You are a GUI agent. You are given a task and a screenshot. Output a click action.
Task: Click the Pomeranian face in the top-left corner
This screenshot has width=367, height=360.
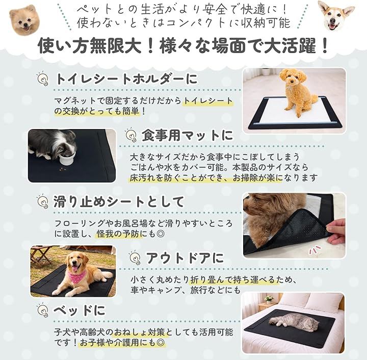click(x=24, y=20)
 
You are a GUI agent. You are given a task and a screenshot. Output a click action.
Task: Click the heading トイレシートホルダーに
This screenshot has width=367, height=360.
click(x=126, y=79)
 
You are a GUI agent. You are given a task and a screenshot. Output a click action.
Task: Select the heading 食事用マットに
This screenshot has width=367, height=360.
click(x=187, y=135)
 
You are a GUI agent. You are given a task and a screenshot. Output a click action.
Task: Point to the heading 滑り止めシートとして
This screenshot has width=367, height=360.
click(x=119, y=202)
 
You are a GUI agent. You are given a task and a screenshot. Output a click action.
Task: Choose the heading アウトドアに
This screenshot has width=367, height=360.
click(x=185, y=258)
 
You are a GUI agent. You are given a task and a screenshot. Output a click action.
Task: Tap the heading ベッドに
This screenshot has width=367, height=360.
click(x=80, y=311)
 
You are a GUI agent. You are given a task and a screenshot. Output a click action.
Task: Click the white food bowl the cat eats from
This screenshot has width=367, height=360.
click(x=67, y=159)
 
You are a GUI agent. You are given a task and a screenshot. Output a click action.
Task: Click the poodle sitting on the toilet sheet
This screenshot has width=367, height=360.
click(x=296, y=92)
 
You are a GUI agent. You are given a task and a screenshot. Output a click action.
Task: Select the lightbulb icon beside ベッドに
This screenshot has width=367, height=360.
click(x=43, y=310)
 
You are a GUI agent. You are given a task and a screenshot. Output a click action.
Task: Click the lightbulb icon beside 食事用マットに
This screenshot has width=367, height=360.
click(x=131, y=135)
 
